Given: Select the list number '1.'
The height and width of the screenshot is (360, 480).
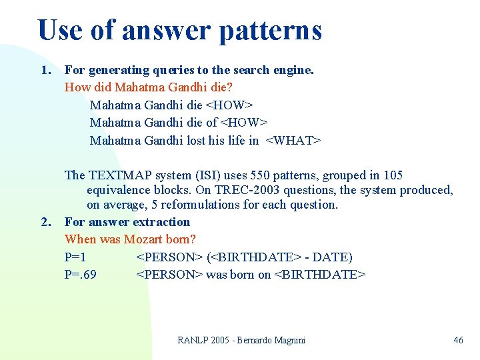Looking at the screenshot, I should (x=46, y=70).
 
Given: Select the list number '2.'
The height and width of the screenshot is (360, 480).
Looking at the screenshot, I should (x=46, y=222).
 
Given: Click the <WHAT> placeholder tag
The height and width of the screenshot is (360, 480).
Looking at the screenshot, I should (x=293, y=140).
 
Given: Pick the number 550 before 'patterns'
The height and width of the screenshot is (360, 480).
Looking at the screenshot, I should (x=261, y=175).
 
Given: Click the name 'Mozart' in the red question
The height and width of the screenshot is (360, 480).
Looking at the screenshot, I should (x=141, y=239).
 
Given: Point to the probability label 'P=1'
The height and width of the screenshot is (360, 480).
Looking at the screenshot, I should (x=75, y=257).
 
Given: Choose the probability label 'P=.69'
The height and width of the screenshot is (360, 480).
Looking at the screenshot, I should (x=80, y=274).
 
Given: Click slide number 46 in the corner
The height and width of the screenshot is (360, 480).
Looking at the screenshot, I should (x=458, y=341).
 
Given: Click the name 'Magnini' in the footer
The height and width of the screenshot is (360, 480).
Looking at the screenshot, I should (x=287, y=341).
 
